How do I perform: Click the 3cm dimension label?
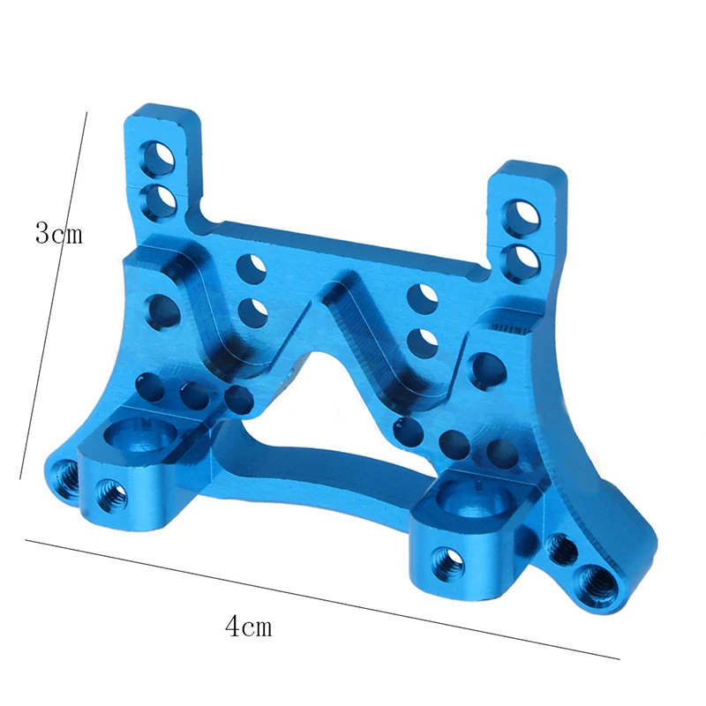pyautogui.click(x=58, y=234)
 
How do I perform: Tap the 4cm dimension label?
pyautogui.click(x=248, y=627)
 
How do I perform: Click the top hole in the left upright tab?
pyautogui.click(x=164, y=155)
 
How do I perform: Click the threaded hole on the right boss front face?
pyautogui.click(x=444, y=558)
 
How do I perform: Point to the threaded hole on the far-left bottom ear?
pyautogui.click(x=64, y=470)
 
